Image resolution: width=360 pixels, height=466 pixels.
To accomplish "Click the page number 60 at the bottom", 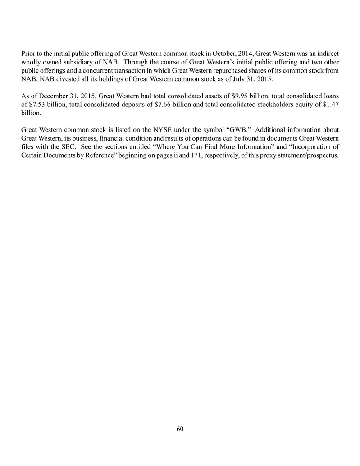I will click(180, 429).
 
